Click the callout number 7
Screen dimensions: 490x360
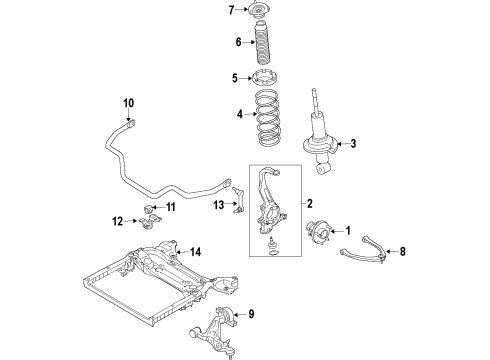click(232, 10)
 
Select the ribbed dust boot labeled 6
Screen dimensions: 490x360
click(262, 43)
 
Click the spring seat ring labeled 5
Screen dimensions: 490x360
click(264, 79)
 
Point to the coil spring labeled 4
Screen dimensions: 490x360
click(267, 118)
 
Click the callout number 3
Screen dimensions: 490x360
click(353, 144)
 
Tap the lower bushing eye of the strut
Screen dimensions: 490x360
click(323, 169)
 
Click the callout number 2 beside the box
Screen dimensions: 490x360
click(310, 203)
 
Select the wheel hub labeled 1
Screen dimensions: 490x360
click(318, 232)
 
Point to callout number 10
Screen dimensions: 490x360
click(128, 103)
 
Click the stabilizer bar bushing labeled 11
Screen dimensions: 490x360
click(149, 209)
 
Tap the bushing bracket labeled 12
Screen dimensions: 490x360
click(150, 222)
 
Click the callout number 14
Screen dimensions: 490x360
click(195, 252)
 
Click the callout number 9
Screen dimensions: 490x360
click(251, 314)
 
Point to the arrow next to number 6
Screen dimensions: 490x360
click(249, 42)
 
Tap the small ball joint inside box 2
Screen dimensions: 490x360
click(272, 243)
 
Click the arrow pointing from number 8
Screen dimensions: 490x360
click(391, 251)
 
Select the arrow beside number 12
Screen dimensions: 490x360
click(131, 221)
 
